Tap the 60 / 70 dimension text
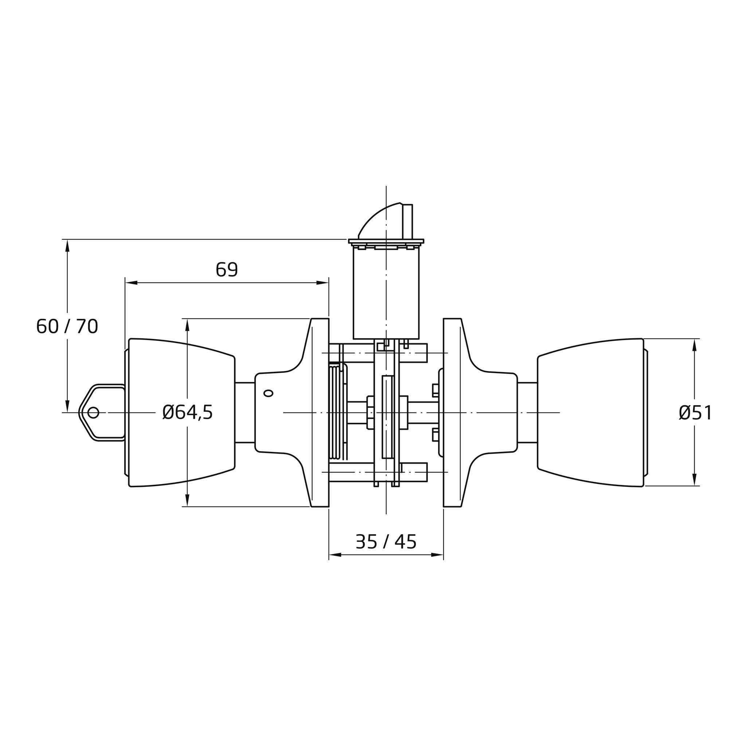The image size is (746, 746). [67, 326]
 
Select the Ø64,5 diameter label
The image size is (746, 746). [188, 413]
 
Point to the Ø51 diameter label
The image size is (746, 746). [695, 413]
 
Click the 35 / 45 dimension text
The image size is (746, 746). [386, 542]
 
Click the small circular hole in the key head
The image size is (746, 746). [93, 413]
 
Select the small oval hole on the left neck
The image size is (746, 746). [268, 393]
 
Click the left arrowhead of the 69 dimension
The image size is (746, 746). [131, 283]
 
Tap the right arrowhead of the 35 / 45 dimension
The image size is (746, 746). [437, 555]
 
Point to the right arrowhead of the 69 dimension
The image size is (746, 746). [323, 283]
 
